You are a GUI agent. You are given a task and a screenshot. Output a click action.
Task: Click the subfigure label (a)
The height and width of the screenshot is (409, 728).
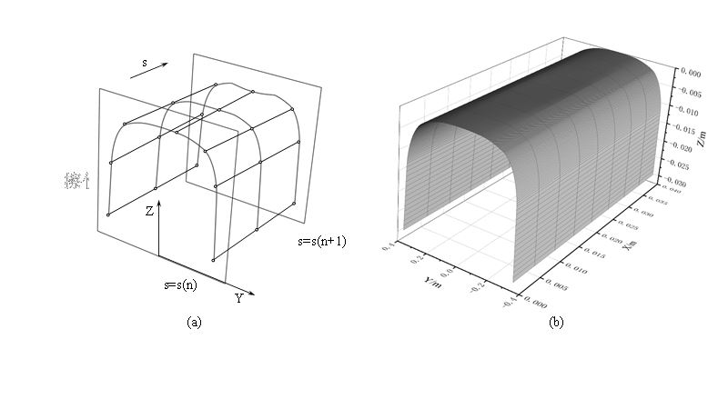pos(193,322)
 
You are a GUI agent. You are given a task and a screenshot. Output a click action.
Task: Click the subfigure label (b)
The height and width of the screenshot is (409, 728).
pos(556,322)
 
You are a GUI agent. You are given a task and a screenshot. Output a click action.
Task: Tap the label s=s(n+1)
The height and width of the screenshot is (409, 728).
pos(322,242)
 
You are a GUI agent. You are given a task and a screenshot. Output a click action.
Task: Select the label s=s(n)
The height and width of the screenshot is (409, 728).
pos(181,284)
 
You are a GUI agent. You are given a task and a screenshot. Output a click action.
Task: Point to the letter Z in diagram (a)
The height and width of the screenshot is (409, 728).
pos(149,209)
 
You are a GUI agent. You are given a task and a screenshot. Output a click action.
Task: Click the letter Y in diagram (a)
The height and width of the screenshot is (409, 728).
pos(238,298)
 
